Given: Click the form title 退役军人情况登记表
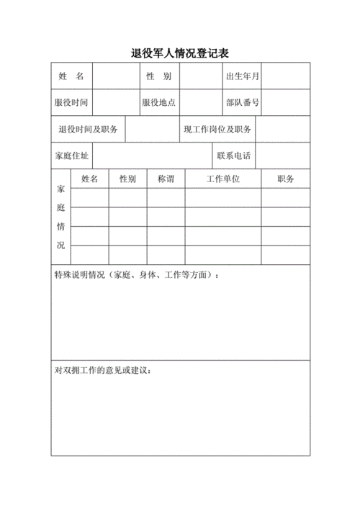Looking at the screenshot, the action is (180, 53).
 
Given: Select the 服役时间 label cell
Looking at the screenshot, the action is (71, 102).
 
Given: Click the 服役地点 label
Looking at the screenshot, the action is (158, 102).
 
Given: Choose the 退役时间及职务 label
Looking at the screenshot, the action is (88, 130).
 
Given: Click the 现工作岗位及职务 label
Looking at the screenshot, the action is (217, 130).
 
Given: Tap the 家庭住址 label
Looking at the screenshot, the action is (71, 156).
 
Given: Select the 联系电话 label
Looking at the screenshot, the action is (233, 156).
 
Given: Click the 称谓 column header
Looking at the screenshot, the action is (166, 179).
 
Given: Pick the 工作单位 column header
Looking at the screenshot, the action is (222, 179).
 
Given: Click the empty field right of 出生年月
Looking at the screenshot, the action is (285, 76).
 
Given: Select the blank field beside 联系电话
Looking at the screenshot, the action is (283, 156).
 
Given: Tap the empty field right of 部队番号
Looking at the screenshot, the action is (285, 102).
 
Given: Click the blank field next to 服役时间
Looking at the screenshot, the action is (115, 102).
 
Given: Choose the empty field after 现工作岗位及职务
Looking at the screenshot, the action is (283, 130).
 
